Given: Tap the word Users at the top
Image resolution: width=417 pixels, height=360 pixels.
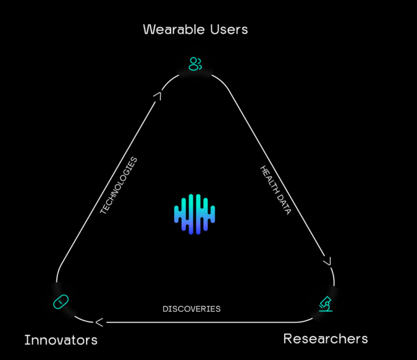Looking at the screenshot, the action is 229,29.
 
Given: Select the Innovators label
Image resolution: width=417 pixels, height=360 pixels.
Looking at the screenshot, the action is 61,340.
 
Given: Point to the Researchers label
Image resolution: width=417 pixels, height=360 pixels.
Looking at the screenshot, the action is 325,339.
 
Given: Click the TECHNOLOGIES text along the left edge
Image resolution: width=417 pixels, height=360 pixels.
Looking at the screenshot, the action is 119,186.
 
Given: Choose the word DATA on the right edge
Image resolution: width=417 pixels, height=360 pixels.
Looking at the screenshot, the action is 284,205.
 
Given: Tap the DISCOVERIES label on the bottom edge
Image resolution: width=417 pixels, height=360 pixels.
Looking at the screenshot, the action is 191,309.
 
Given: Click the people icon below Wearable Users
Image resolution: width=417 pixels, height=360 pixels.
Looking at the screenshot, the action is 195,64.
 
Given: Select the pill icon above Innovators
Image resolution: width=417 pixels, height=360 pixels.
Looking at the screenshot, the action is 61,302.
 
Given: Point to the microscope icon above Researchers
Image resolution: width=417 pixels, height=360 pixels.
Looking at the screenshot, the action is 326,304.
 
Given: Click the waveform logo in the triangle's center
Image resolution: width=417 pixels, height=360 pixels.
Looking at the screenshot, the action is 194,214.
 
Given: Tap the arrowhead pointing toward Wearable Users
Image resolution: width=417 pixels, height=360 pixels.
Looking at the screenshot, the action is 158,96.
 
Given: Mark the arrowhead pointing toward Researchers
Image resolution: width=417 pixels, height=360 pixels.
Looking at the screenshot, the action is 327,261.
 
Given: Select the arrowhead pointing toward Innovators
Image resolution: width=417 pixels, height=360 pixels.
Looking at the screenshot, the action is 99,322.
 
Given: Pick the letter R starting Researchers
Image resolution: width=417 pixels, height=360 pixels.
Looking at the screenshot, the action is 288,338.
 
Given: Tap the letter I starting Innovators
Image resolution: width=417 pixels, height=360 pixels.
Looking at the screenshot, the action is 26,340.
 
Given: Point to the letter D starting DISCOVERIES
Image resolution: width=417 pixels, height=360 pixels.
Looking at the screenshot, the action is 165,309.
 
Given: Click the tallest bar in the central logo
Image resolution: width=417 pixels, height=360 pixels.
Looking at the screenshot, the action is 198,214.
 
